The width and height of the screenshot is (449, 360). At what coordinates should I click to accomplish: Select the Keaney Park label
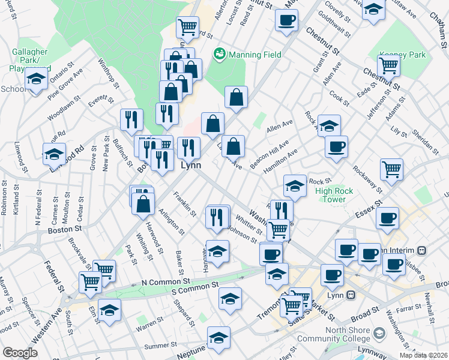pyautogui.click(x=406, y=55)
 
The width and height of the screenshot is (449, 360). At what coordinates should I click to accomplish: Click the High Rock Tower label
pyautogui.click(x=330, y=195)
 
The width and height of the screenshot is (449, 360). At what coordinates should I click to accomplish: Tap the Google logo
pyautogui.click(x=20, y=353)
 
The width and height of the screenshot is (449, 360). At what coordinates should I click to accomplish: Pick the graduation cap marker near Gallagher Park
pyautogui.click(x=36, y=79)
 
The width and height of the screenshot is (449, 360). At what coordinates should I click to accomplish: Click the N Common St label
pyautogui.click(x=165, y=281)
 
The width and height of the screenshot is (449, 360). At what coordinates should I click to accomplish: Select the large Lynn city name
pyautogui.click(x=190, y=164)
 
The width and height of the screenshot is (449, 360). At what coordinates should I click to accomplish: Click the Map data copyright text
pyautogui.click(x=423, y=355)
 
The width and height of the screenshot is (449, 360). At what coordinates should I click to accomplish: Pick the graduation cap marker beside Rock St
pyautogui.click(x=295, y=187)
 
